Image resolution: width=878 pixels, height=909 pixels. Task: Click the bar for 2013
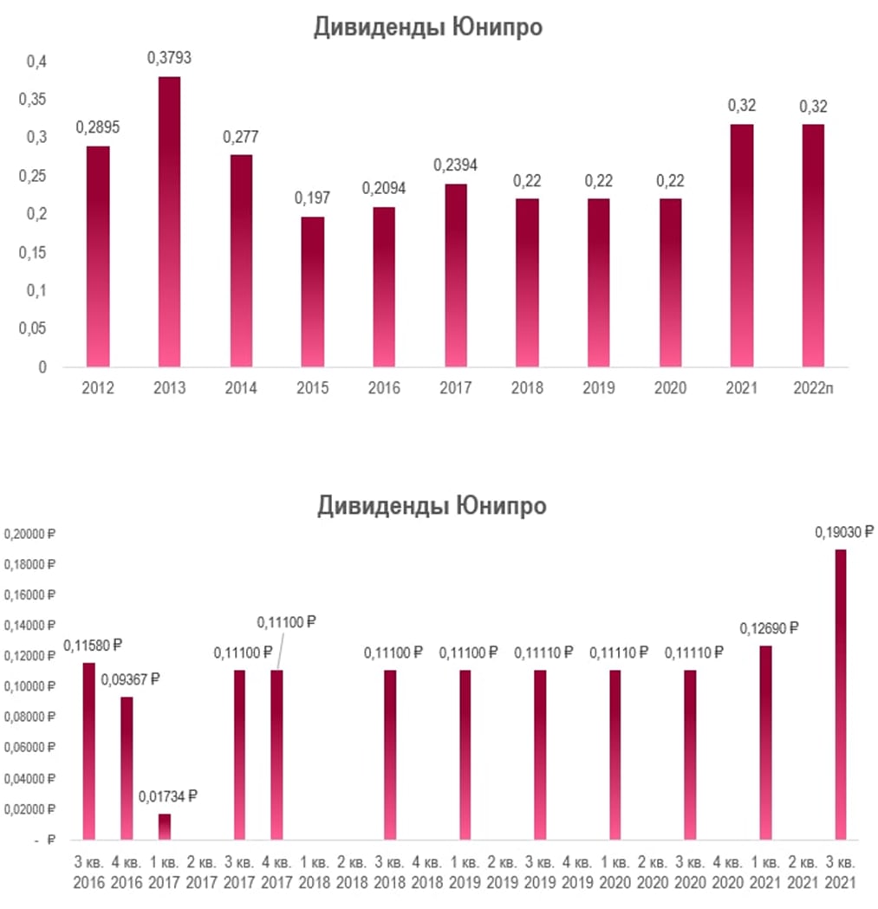169,222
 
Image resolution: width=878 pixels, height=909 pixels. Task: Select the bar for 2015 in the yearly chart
313,291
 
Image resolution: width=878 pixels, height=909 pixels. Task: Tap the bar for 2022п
812,245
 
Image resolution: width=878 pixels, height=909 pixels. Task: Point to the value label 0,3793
169,59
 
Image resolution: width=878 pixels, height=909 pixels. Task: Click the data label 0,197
313,198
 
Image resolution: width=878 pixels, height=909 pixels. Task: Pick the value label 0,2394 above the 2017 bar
457,166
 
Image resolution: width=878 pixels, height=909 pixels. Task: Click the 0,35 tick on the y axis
35,100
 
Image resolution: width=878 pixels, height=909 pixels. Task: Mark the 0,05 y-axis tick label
35,329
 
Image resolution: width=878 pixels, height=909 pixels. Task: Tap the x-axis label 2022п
813,387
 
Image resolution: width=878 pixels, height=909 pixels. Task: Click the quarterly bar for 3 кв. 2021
839,694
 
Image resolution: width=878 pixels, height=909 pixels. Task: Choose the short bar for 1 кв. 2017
165,826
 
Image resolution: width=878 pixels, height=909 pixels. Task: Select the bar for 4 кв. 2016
127,768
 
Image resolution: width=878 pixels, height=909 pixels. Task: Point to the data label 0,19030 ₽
842,532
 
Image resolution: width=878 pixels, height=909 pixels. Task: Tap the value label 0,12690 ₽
768,628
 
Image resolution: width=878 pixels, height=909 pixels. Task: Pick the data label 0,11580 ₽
93,645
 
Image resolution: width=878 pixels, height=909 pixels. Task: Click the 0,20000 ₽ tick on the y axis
30,534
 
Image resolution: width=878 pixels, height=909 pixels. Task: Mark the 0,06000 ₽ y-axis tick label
30,748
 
